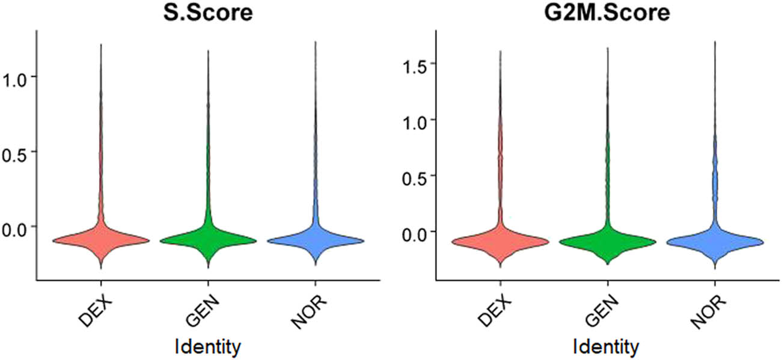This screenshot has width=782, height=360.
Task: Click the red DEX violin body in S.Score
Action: (100, 240)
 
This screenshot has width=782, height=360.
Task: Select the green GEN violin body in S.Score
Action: (208, 240)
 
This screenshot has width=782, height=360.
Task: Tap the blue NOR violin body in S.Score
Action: (316, 240)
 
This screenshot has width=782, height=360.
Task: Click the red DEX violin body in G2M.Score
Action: (500, 241)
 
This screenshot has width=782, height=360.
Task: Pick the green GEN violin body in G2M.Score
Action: (607, 242)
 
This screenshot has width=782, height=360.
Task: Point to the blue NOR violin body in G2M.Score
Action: (715, 241)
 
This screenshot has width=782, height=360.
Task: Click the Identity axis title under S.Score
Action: (207, 346)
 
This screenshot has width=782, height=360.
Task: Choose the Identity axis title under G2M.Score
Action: (607, 346)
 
